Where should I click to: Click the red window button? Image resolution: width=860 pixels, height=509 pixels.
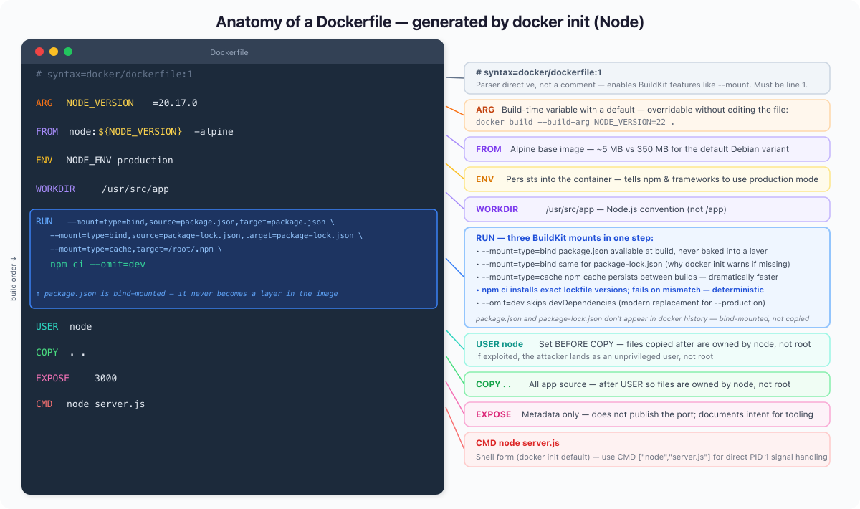tap(39, 52)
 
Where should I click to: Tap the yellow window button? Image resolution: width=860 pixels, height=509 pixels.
tap(54, 52)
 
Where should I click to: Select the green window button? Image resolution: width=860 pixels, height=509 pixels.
tap(68, 52)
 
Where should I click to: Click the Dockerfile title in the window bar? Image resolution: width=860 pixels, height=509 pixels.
tap(229, 52)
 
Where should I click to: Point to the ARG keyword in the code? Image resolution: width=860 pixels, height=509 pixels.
tap(44, 103)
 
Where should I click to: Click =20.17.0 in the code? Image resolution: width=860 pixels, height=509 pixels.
tap(175, 103)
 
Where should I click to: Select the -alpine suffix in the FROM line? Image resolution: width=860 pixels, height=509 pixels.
tap(214, 132)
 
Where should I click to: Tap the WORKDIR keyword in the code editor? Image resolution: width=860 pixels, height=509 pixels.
tap(55, 189)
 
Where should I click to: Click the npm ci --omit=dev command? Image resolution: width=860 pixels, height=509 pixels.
tap(97, 265)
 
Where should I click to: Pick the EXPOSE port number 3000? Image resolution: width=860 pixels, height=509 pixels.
tap(105, 378)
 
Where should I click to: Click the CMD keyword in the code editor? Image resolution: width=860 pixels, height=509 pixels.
tap(44, 404)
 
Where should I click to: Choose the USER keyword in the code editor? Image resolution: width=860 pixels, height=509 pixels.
tap(47, 326)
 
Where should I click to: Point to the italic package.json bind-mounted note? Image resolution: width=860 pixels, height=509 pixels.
tap(187, 293)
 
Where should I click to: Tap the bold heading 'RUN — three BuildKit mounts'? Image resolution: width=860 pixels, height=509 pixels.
tap(565, 238)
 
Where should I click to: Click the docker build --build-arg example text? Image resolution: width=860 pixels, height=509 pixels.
tap(575, 122)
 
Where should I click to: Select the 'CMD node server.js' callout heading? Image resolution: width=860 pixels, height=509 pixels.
tap(517, 443)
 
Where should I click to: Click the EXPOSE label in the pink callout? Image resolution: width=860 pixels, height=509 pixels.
tap(493, 414)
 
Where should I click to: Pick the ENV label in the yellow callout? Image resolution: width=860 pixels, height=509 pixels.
tap(484, 179)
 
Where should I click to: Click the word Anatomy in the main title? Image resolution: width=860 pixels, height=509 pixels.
tap(249, 22)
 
